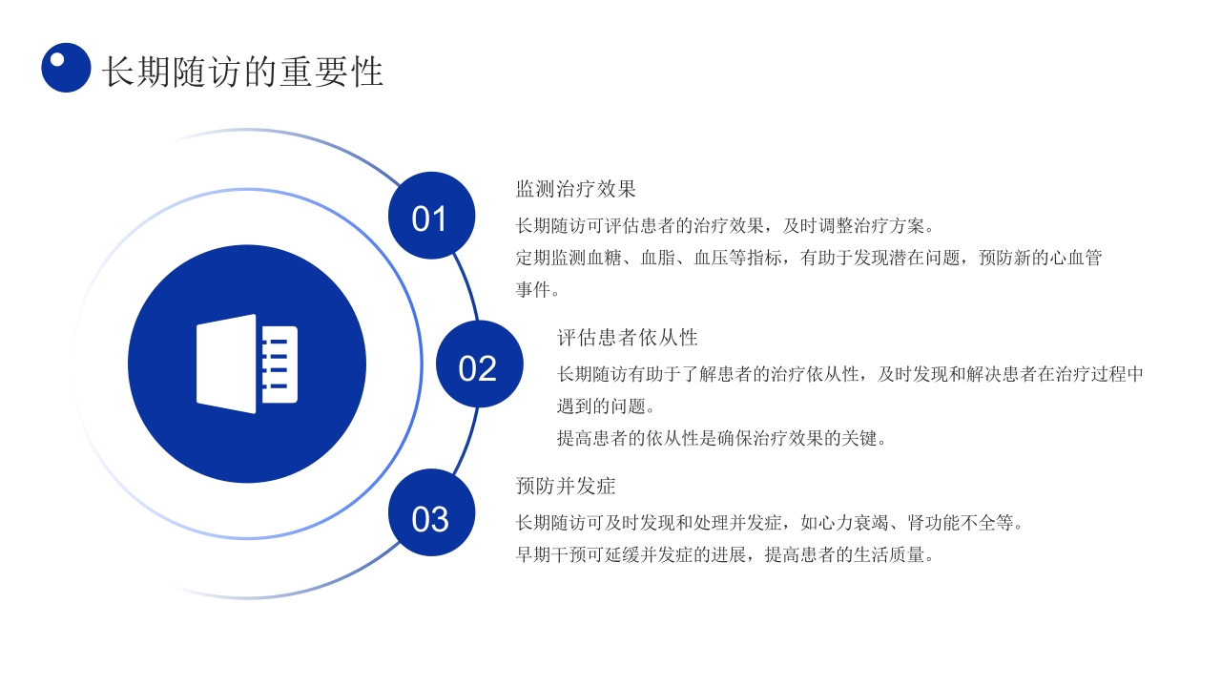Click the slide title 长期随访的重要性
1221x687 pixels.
[242, 73]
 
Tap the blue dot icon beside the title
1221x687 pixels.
[66, 68]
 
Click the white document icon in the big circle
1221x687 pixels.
[247, 364]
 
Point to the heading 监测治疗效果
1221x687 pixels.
[575, 189]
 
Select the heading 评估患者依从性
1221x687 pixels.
[628, 338]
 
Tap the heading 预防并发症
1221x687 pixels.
[566, 487]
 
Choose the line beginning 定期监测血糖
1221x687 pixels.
[809, 258]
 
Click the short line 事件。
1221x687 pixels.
[538, 289]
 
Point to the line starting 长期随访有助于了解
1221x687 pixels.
[850, 374]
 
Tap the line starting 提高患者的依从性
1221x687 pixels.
[722, 439]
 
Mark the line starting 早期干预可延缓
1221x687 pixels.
[724, 554]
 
